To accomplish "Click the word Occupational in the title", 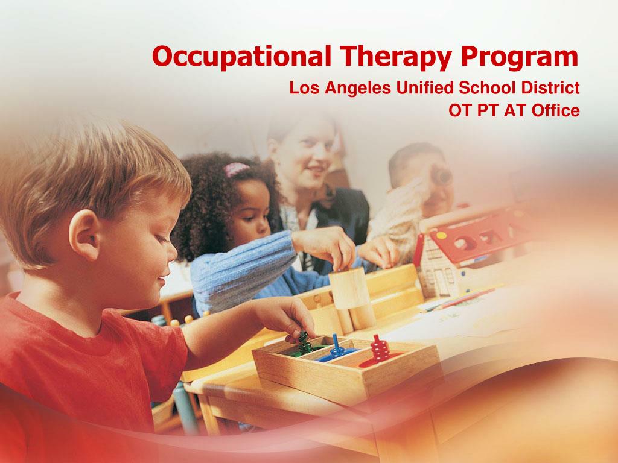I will (242, 57).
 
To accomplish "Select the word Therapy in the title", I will (397, 57).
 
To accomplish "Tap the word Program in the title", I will (520, 57).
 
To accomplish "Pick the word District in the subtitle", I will (549, 88).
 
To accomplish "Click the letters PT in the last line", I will (480, 110).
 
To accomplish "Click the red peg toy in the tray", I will (378, 349).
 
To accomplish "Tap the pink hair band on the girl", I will (236, 169).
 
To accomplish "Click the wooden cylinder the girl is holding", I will (349, 288).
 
